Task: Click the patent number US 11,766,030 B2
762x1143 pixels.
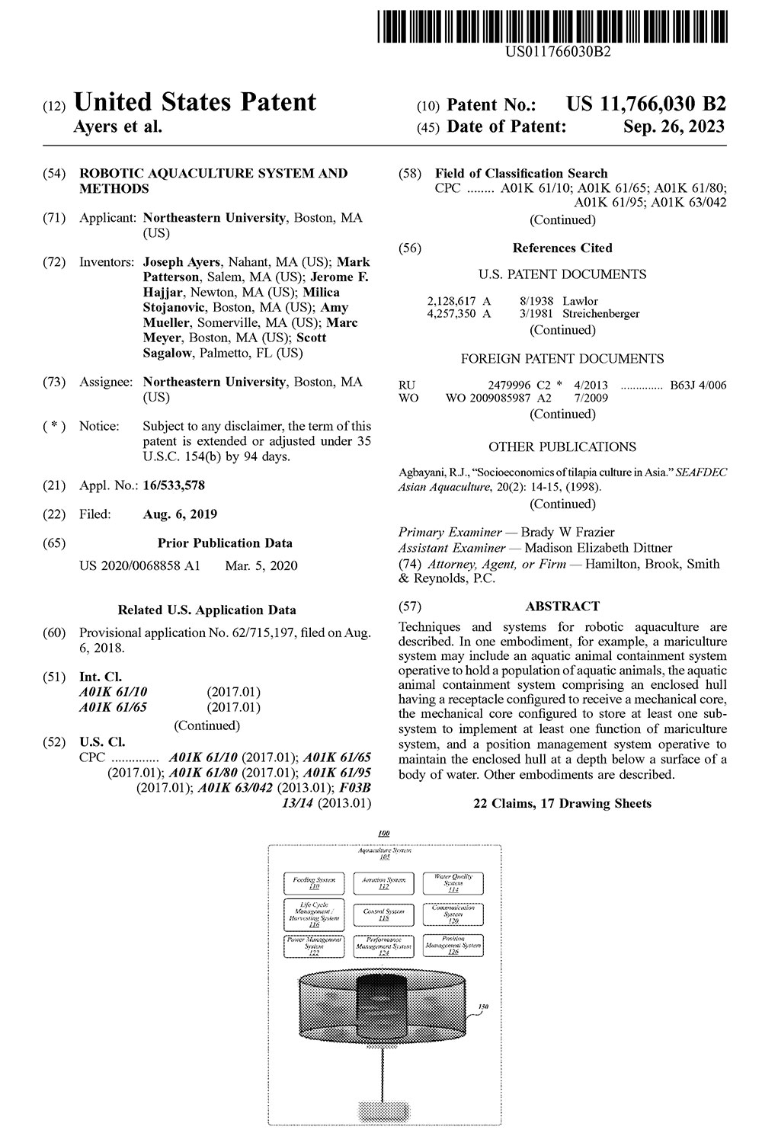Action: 646,104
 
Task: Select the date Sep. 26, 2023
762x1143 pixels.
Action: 674,126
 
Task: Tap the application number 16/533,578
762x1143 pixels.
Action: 174,485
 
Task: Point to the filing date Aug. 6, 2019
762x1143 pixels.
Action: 180,514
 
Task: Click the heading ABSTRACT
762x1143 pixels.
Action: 562,607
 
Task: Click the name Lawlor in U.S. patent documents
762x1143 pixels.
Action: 580,301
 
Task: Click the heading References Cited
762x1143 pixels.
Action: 562,248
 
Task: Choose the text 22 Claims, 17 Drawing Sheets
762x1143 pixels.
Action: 562,803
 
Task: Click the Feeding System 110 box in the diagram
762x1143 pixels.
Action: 314,883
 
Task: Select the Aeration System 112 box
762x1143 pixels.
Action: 383,883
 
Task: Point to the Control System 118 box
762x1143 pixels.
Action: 383,914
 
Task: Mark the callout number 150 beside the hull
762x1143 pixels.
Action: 482,1007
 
